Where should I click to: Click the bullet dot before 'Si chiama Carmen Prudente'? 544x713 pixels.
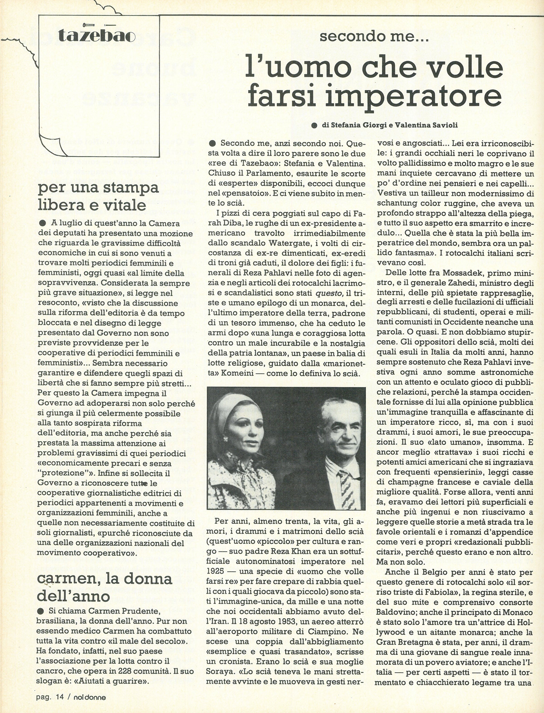(x=41, y=611)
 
